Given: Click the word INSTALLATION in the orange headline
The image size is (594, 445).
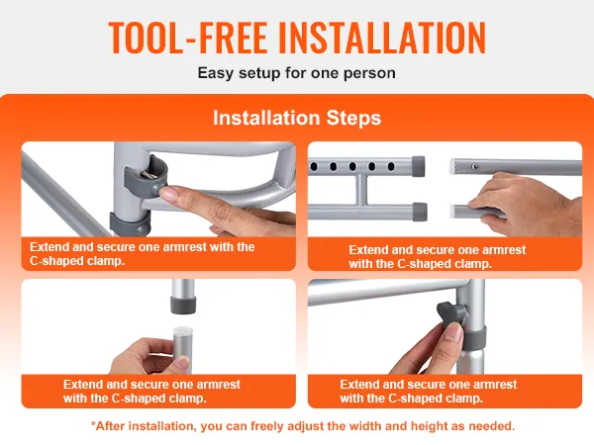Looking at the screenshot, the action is point(382,38).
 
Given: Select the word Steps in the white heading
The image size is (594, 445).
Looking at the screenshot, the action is point(353,118).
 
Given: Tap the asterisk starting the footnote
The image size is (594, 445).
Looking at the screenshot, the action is point(93,424).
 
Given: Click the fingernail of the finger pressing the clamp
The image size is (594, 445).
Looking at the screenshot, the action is point(168,194).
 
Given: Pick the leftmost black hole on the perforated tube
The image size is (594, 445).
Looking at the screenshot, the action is point(314,166).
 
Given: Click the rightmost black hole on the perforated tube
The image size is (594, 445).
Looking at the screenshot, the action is point(391,166).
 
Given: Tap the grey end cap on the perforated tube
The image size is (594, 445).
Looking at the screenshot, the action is point(418,166).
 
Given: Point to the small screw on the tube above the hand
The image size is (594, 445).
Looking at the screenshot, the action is point(473,166).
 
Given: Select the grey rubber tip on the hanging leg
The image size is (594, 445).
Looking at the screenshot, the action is point(184,305).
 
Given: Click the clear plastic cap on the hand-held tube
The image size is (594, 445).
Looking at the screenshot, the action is point(183,330).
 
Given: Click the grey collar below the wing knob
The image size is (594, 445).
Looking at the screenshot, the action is point(473,338).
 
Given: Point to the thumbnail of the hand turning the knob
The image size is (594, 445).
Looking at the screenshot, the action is point(452,334).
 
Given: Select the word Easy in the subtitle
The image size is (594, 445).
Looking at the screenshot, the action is point(215,73).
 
